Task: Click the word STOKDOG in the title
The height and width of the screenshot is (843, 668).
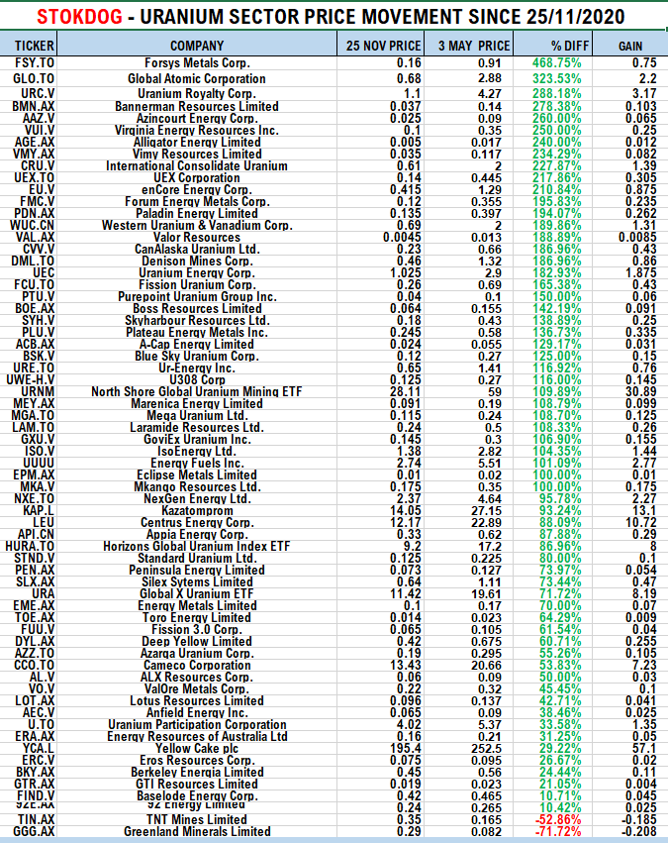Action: point(82,17)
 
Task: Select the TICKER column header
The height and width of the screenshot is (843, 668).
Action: point(29,46)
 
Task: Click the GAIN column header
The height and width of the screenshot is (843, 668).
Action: point(629,46)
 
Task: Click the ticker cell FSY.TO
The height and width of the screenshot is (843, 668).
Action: point(29,62)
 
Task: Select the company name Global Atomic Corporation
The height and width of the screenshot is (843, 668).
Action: point(197,78)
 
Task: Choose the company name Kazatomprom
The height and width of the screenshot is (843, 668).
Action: point(197,510)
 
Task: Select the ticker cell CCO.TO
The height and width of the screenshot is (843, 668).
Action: point(29,665)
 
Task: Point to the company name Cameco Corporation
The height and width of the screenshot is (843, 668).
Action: point(197,665)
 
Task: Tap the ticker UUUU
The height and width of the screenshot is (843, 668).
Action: point(29,463)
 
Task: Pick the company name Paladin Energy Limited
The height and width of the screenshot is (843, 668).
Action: point(197,213)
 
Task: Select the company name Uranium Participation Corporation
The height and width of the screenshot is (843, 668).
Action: point(197,724)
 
